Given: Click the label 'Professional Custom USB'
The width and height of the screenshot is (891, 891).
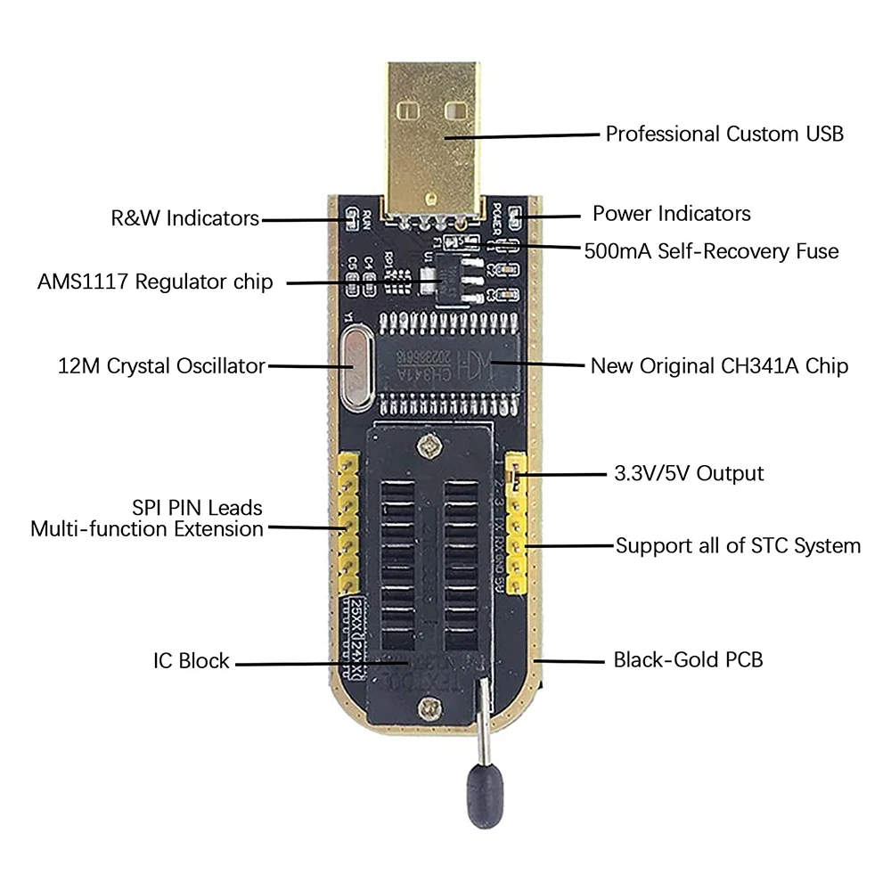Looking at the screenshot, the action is click(x=724, y=135).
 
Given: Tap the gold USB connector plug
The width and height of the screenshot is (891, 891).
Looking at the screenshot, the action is click(x=433, y=134).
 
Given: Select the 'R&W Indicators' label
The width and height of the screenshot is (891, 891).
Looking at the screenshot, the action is click(x=185, y=218).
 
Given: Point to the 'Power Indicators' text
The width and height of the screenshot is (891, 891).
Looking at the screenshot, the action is click(x=671, y=214).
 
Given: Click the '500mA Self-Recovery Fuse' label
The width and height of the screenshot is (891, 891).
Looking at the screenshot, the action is click(x=711, y=251).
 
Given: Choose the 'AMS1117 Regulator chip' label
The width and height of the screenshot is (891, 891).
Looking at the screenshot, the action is click(x=155, y=282).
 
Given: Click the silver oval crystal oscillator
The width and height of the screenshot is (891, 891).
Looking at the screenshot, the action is click(x=356, y=369).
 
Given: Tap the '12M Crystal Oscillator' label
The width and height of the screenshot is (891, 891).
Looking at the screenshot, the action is click(x=160, y=365).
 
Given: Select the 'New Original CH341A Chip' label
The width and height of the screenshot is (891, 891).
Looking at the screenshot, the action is click(x=719, y=366).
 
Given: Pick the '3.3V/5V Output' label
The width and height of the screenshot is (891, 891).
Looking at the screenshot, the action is click(x=690, y=473).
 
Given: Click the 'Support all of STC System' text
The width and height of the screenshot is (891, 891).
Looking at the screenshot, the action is click(x=738, y=545).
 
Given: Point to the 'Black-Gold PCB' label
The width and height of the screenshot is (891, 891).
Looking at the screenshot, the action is click(x=688, y=660).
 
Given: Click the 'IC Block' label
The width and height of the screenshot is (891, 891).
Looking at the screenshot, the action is click(x=191, y=661).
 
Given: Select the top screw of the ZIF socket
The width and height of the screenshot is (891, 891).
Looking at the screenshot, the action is click(x=433, y=443).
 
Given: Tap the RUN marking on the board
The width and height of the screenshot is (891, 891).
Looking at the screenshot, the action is click(x=365, y=218).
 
